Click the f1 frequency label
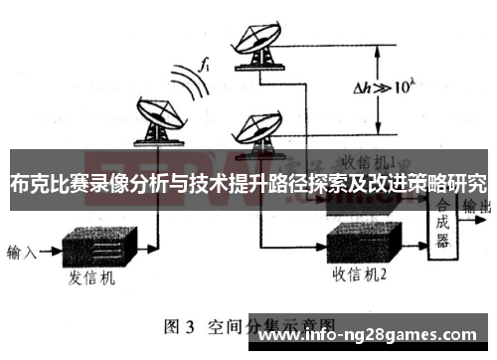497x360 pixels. tap(206, 65)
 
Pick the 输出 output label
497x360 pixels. tap(481, 207)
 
